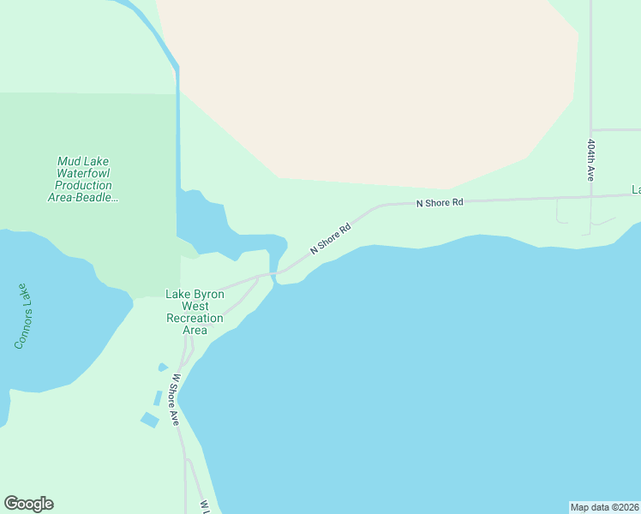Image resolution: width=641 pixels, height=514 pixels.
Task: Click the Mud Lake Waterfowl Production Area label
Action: coord(83,179)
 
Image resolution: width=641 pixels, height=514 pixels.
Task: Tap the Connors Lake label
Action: coord(22,316)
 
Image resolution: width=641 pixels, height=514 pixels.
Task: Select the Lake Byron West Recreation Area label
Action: coord(195,312)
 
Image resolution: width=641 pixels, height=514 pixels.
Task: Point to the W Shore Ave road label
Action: coord(174,399)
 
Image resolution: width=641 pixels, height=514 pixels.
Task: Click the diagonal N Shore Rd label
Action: coord(331,239)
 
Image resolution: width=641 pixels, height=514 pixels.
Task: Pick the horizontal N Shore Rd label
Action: coord(439,203)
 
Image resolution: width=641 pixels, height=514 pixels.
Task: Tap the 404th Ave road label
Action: coord(591,159)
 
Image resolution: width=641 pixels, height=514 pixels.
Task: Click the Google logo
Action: coord(28,504)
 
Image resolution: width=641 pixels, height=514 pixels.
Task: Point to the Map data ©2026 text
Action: coord(604,507)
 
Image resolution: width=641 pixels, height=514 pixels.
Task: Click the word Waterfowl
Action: coord(83,173)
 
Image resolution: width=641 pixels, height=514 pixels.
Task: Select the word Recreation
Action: coord(195,318)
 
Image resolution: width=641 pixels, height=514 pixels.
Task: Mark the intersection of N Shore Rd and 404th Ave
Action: coord(590,196)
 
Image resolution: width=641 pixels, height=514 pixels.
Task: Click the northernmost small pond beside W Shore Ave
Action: coord(163,368)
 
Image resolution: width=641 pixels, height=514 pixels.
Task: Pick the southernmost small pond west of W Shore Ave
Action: coord(149,420)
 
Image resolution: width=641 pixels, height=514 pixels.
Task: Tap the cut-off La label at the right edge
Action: coord(636,189)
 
